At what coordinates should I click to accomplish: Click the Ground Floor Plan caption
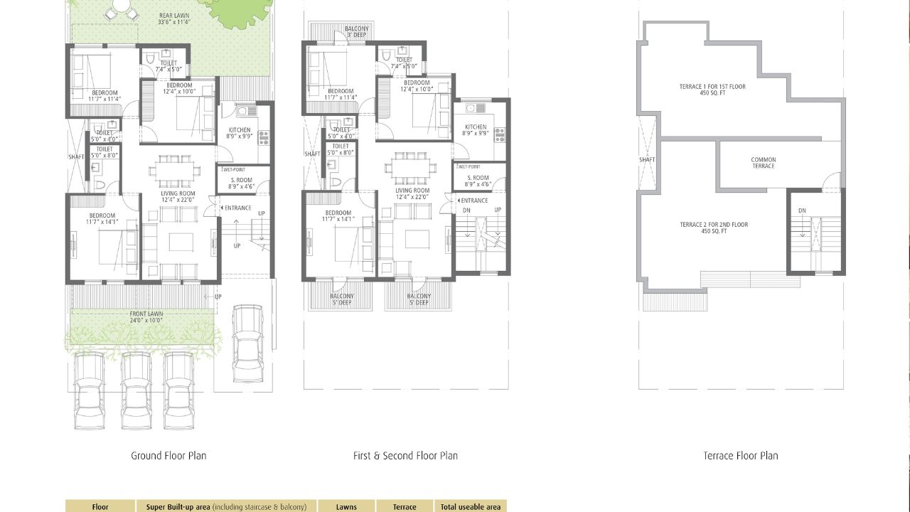point(168,456)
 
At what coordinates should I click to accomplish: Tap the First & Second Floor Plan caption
point(405,456)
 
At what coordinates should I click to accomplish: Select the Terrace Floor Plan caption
point(741,456)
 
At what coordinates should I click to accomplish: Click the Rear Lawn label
point(173,17)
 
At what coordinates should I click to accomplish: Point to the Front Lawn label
point(146,317)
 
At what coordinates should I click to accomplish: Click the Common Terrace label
point(763,163)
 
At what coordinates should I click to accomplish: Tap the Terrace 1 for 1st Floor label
point(712,90)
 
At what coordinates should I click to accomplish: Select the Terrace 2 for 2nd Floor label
point(713,228)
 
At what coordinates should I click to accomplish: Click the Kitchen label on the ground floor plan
point(239,133)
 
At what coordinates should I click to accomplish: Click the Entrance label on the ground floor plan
point(237,208)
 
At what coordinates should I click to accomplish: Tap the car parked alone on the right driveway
point(247,343)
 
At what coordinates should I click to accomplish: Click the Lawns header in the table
point(347,507)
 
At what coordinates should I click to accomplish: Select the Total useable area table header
point(470,507)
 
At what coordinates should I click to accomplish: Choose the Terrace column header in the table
point(405,507)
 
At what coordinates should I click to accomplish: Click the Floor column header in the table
point(100,507)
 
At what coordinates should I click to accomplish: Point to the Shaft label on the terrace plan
point(646,160)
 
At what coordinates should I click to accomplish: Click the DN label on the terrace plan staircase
point(802,210)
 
